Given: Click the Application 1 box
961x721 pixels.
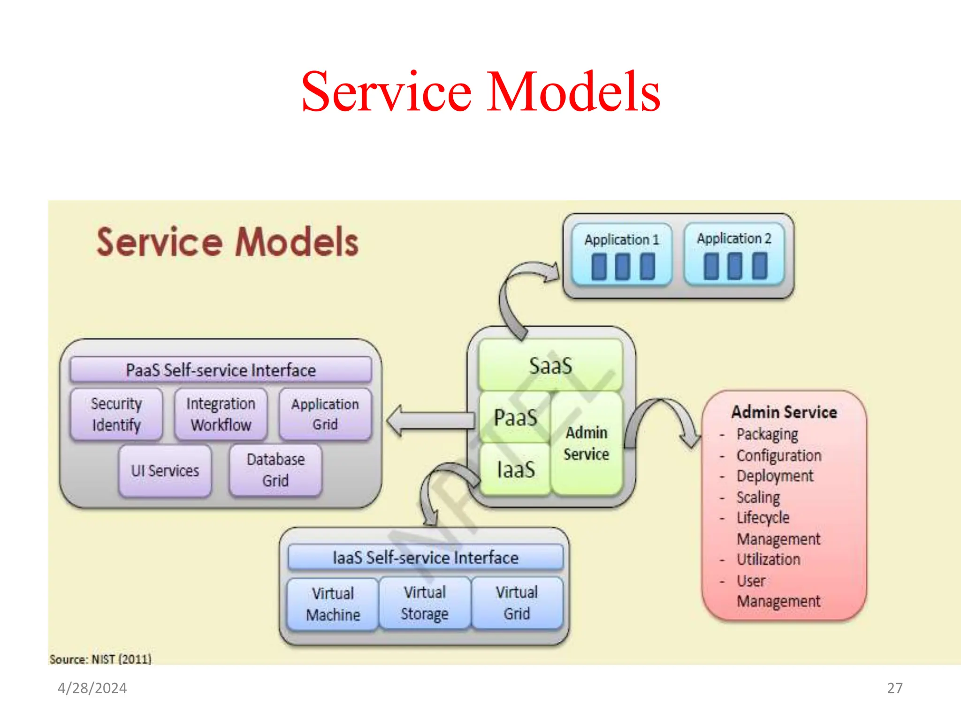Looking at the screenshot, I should point(622,255).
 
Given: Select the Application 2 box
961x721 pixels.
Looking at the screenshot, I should point(734,254).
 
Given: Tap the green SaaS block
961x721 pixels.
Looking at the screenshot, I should point(550,365).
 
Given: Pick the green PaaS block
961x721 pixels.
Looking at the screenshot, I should point(515,417).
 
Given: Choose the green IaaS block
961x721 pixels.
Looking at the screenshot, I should point(515,469).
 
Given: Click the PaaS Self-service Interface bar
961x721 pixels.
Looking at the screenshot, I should point(221,370).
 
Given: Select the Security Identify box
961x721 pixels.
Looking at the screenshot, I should point(116,414).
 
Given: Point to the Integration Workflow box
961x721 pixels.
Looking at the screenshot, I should point(221,414).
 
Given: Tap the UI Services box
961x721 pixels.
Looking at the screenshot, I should point(165,470).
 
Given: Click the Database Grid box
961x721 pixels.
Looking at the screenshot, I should point(275,470).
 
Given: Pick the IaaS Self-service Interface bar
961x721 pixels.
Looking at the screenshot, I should point(425,557).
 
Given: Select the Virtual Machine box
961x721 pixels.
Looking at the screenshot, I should point(333,604).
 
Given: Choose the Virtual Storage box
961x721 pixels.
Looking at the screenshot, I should point(425,603).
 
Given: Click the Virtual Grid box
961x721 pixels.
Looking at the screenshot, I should point(517,603).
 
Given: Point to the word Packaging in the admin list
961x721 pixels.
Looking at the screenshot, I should point(767,434).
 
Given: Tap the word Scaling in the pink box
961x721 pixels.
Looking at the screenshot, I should point(758,497).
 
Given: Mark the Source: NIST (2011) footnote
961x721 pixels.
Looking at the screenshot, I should point(100,659).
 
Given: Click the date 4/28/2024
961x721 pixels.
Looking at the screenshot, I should point(92,688).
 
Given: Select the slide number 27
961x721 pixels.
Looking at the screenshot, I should point(894,688).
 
